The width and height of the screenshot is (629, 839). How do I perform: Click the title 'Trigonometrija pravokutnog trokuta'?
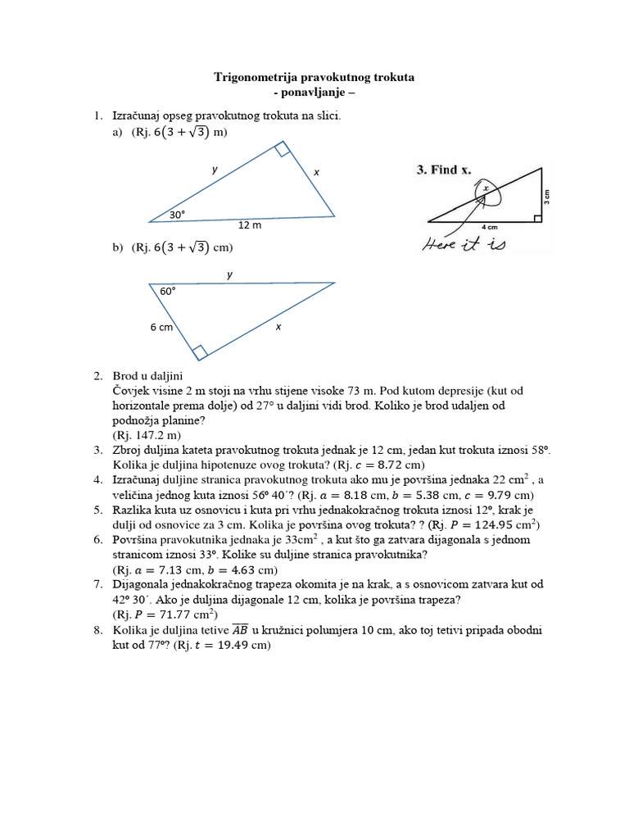coord(314,77)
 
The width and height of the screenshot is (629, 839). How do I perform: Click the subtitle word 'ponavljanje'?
coord(314,93)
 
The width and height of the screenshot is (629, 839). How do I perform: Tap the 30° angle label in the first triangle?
coord(178,214)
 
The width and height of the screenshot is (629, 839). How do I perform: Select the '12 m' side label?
coord(250,225)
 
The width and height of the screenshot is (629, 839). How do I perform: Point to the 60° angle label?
coord(168,291)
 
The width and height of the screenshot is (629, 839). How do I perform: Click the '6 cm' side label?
coord(161,327)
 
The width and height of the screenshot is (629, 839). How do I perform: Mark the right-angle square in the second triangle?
coord(199,351)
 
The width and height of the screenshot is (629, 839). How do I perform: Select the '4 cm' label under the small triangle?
coord(491,226)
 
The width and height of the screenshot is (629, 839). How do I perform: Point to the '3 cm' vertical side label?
coord(547,196)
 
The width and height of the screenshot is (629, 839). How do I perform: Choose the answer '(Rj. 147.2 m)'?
coord(147,435)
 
